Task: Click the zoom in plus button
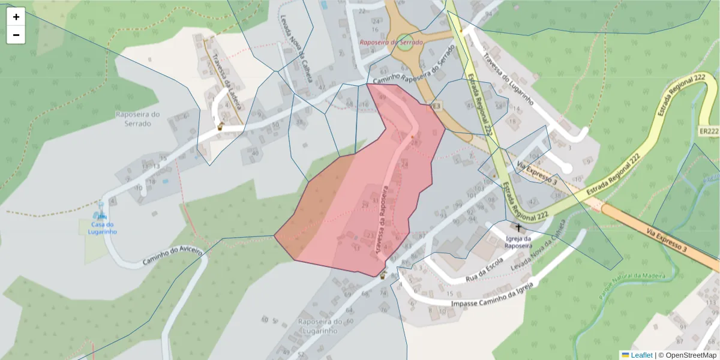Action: (x=16, y=17)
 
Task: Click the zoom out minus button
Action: (x=16, y=35)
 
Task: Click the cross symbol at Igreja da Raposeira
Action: (x=519, y=228)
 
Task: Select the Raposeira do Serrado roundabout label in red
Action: (x=391, y=43)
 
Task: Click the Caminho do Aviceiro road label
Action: (x=172, y=256)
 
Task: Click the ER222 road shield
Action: (x=709, y=131)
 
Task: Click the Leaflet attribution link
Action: (x=641, y=355)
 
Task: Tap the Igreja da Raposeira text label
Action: (x=517, y=241)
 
